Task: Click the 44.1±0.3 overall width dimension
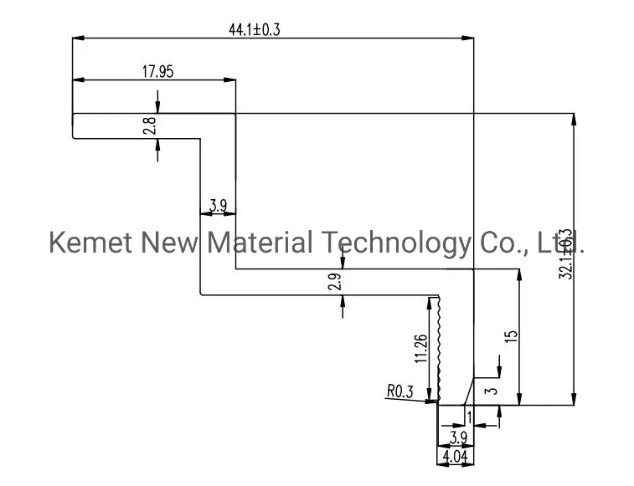[x=254, y=29]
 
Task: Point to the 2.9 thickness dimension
[x=334, y=283]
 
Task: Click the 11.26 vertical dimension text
[x=421, y=349]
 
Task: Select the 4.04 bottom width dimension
[x=455, y=458]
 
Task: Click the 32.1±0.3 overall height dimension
[x=564, y=254]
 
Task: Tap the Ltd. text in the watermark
[x=560, y=243]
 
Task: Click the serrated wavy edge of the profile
[x=436, y=347]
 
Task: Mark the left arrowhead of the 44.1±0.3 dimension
[x=78, y=37]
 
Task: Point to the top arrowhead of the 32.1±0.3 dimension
[x=574, y=119]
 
